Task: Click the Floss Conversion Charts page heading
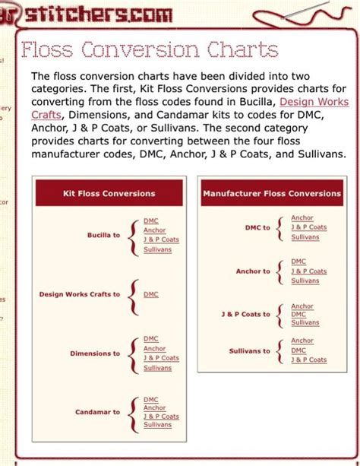coord(149,50)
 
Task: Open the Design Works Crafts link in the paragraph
coord(314,101)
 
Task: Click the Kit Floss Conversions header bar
coord(109,194)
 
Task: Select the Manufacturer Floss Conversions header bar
coord(272,194)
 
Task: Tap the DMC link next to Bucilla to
coord(151,221)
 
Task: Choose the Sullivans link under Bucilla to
coord(157,249)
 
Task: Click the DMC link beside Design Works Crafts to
coord(151,294)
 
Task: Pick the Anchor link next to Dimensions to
coord(154,349)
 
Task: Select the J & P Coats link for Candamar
coord(161,417)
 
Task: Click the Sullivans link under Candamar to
coord(157,426)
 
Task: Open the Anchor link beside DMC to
coord(302,218)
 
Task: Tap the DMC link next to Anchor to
coord(298,262)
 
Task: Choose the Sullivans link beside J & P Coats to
coord(305,323)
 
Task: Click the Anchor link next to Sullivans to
coord(302,341)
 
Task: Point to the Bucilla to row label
coord(103,236)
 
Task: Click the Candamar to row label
coord(97,412)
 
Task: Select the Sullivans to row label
coord(249,351)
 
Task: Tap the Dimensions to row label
coord(95,353)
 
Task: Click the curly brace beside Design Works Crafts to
coord(134,295)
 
